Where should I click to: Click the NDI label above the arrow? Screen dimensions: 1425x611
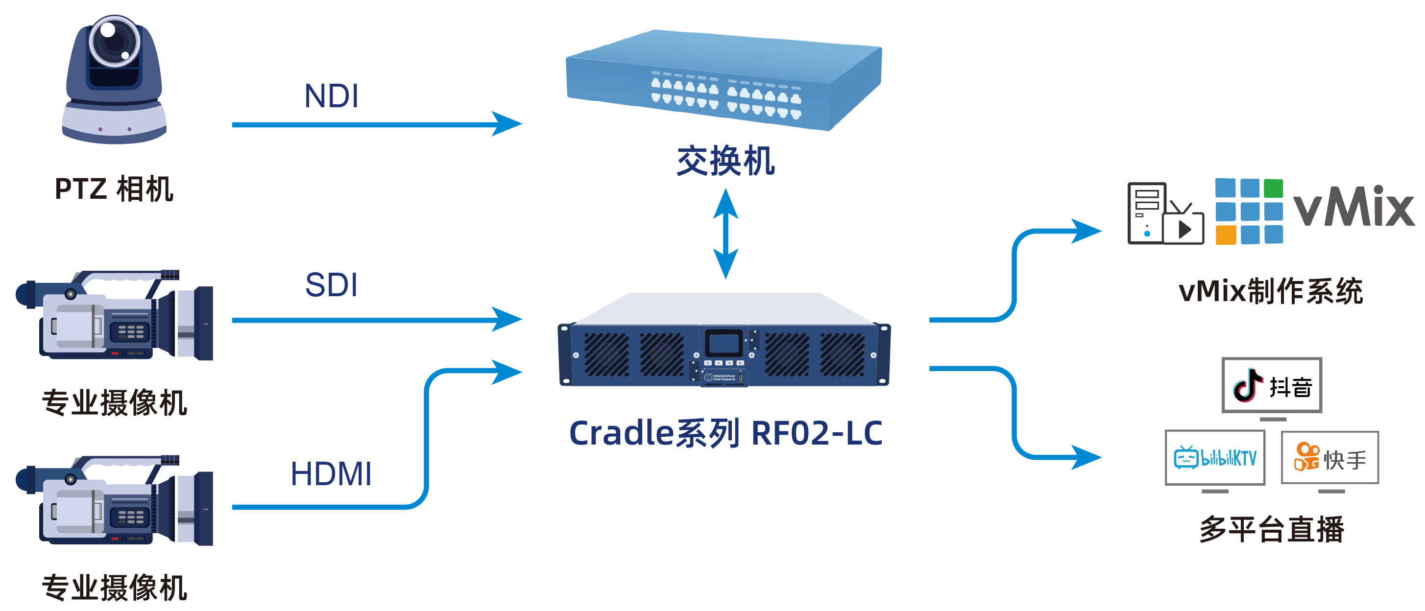[x=331, y=95]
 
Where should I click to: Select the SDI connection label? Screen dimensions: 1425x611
[x=331, y=285]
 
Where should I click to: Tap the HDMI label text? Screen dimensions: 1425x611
[x=331, y=474]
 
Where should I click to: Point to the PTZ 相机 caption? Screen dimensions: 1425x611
[x=114, y=189]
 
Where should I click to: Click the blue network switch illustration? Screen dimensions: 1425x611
[x=724, y=80]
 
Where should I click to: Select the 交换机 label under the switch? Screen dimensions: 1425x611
[x=725, y=161]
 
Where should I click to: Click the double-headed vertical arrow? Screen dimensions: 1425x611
[x=725, y=234]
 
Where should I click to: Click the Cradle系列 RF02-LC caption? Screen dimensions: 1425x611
[x=725, y=433]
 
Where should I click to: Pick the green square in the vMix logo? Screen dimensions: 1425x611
[x=1273, y=188]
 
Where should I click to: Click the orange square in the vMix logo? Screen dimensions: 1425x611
[x=1225, y=235]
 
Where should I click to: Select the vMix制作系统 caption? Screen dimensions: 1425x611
[x=1271, y=291]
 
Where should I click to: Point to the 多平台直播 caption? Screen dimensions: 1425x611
[x=1271, y=529]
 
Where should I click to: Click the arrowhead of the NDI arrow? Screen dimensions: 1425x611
[x=506, y=124]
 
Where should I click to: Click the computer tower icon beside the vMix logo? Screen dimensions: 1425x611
[x=1146, y=213]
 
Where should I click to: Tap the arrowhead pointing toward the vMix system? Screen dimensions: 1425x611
[x=1086, y=231]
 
